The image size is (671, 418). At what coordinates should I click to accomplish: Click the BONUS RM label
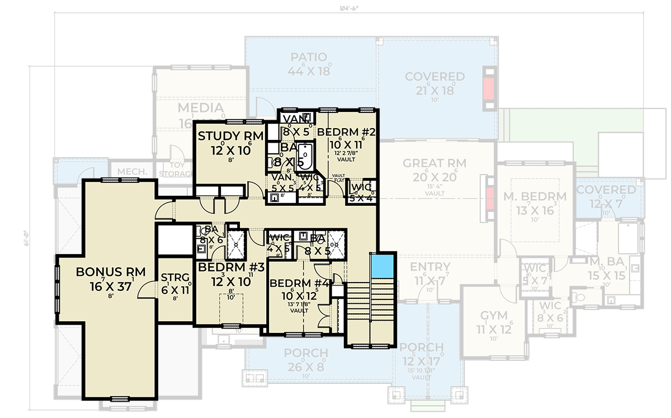pyautogui.click(x=111, y=272)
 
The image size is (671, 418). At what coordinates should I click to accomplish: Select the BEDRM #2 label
pyautogui.click(x=345, y=133)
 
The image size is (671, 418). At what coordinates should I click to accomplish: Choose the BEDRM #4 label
pyautogui.click(x=301, y=284)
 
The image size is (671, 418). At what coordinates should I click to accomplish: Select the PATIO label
pyautogui.click(x=309, y=58)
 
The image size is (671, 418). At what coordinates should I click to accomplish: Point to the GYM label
pyautogui.click(x=490, y=315)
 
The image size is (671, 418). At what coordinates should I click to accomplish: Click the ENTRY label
pyautogui.click(x=431, y=267)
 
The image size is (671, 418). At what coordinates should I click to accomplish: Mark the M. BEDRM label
pyautogui.click(x=534, y=196)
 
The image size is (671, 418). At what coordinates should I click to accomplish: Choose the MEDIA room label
pyautogui.click(x=200, y=108)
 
